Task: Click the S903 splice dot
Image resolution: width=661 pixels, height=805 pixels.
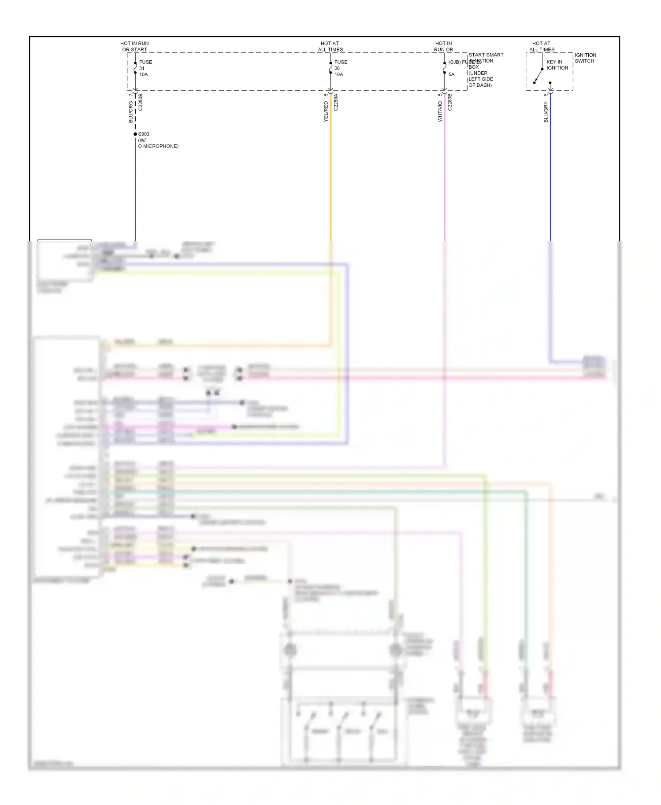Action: pyautogui.click(x=135, y=134)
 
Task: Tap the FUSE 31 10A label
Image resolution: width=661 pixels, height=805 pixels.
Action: pyautogui.click(x=145, y=68)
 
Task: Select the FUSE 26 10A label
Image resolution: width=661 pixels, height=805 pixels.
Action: pyautogui.click(x=340, y=68)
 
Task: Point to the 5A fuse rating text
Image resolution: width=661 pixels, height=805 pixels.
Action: pyautogui.click(x=451, y=74)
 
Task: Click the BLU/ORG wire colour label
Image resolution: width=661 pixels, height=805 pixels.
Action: pyautogui.click(x=130, y=112)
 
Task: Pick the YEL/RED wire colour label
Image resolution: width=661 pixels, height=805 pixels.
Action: pyautogui.click(x=326, y=111)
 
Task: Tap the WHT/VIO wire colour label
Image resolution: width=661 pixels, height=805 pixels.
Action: pyautogui.click(x=440, y=111)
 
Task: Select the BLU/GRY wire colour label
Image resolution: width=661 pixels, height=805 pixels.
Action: pyautogui.click(x=546, y=112)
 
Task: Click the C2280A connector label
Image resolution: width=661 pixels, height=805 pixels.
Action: pyautogui.click(x=336, y=102)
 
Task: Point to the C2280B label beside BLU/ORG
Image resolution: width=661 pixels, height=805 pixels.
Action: pyautogui.click(x=141, y=102)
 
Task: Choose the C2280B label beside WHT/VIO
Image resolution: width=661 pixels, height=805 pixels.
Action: pyautogui.click(x=449, y=102)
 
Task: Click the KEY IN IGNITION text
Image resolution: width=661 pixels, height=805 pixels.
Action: pyautogui.click(x=557, y=65)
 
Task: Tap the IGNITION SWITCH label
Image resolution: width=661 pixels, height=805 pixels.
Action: pyautogui.click(x=585, y=58)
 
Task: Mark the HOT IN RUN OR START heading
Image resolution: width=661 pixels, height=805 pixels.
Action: pyautogui.click(x=134, y=46)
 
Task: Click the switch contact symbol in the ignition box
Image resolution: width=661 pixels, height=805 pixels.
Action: pyautogui.click(x=538, y=75)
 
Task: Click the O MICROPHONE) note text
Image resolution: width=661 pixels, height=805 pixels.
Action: pyautogui.click(x=158, y=146)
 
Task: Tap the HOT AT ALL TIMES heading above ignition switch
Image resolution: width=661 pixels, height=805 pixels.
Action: pyautogui.click(x=542, y=46)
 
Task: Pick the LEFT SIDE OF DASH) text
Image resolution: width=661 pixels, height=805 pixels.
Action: pyautogui.click(x=480, y=82)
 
